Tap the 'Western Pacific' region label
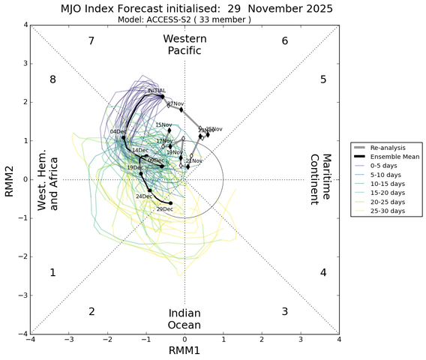pyautogui.click(x=184, y=44)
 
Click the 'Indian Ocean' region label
pyautogui.click(x=184, y=319)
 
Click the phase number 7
pyautogui.click(x=91, y=40)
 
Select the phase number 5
pyautogui.click(x=322, y=79)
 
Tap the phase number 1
pyautogui.click(x=53, y=273)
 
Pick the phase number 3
pyautogui.click(x=284, y=311)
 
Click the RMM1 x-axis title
pyautogui.click(x=184, y=352)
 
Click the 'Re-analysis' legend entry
pyautogui.click(x=390, y=148)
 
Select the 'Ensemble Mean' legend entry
pyautogui.click(x=393, y=157)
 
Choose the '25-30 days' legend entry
pyautogui.click(x=388, y=211)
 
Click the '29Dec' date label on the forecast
pyautogui.click(x=164, y=208)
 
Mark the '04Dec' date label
pyautogui.click(x=118, y=132)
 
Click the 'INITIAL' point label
pyautogui.click(x=157, y=91)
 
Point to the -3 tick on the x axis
pyautogui.click(x=69, y=339)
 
